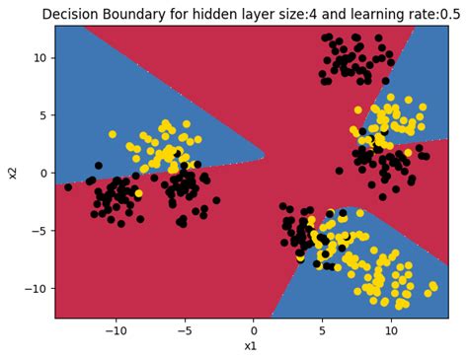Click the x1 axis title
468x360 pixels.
[252, 346]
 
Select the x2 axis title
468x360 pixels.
[13, 172]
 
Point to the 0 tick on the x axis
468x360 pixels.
[254, 329]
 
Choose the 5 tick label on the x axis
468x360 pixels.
[323, 329]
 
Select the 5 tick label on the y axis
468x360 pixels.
[41, 115]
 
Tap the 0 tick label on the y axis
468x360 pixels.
[41, 173]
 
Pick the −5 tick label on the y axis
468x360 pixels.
[38, 230]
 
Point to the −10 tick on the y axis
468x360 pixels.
[34, 288]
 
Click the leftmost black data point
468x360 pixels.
[68, 186]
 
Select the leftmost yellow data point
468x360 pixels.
[113, 134]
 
